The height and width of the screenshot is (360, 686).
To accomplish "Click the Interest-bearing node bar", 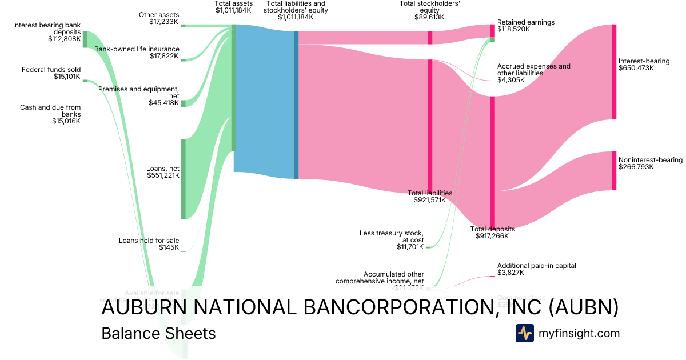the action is [x=614, y=72].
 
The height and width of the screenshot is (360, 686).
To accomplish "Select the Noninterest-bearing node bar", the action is [x=614, y=171].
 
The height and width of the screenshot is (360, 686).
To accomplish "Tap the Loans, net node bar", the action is [x=184, y=179].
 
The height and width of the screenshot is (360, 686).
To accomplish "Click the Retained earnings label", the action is [x=525, y=22].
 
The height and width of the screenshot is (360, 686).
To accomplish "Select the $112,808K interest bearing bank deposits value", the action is [x=65, y=39].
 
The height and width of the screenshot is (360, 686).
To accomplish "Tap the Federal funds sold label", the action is [x=51, y=70].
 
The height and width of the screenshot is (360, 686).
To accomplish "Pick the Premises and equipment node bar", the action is [x=184, y=103].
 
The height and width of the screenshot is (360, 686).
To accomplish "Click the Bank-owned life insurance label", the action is [x=137, y=49].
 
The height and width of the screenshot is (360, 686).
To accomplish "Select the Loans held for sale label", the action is [x=149, y=241].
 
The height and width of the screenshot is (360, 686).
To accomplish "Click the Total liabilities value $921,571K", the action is [x=429, y=201].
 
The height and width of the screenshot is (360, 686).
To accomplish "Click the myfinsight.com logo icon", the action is [x=524, y=333].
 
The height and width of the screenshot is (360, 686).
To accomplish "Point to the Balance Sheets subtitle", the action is [x=158, y=333].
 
